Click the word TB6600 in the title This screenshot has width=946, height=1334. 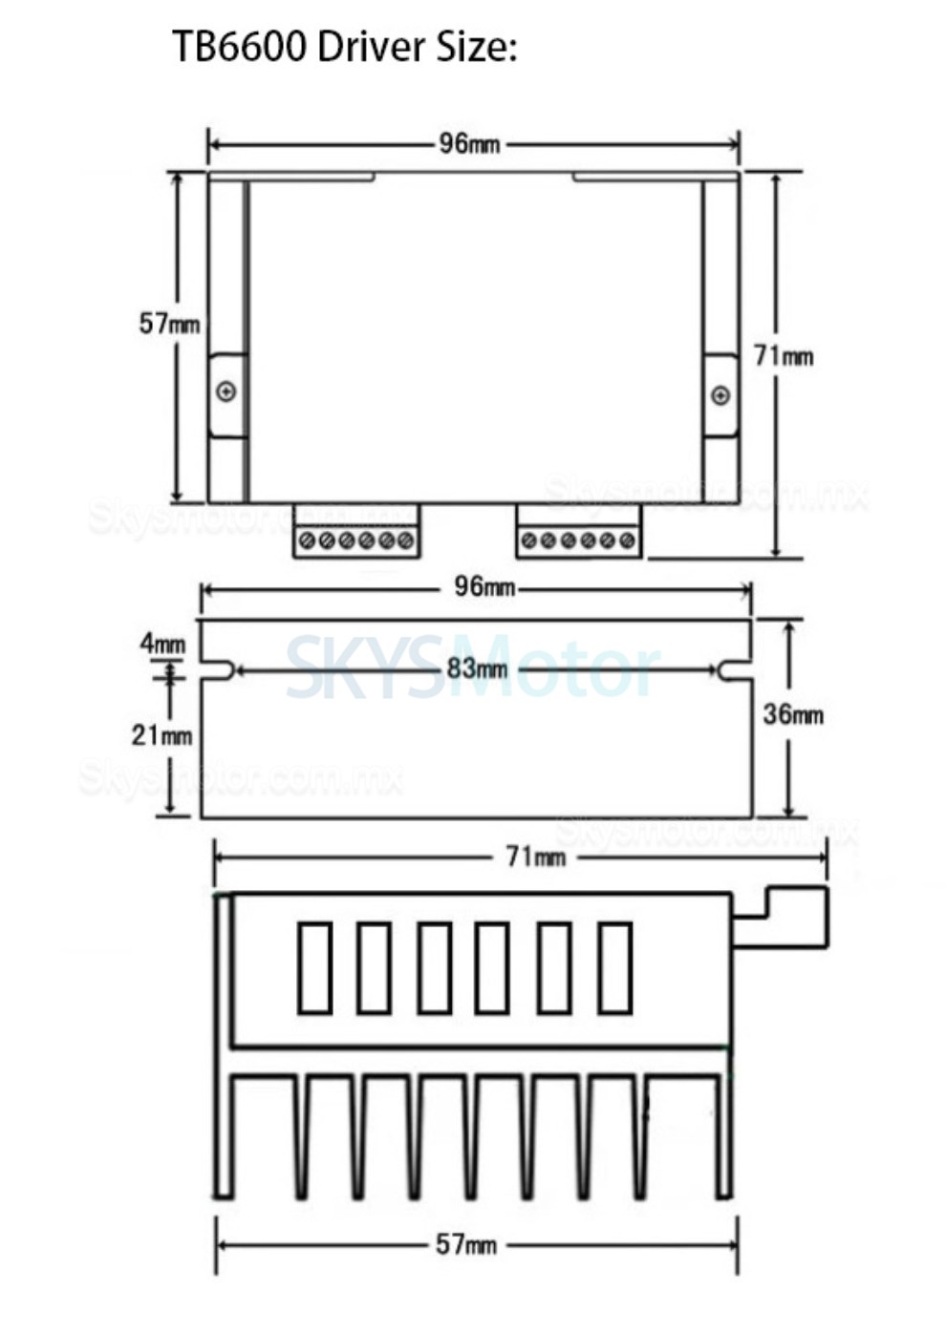[x=240, y=47]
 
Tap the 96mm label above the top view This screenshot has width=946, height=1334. [x=469, y=144]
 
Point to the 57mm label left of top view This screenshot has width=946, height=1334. [x=169, y=324]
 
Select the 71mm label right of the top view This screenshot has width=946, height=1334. [x=784, y=356]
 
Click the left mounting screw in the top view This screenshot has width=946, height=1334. [x=226, y=392]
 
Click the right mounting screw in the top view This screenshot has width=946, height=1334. [x=720, y=395]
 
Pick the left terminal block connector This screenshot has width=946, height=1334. [x=356, y=532]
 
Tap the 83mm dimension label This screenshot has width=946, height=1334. [x=477, y=668]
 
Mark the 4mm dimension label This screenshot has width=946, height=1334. [x=162, y=644]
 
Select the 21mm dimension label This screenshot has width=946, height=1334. [x=161, y=735]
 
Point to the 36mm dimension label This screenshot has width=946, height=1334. [x=792, y=714]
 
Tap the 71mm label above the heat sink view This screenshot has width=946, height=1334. [x=535, y=857]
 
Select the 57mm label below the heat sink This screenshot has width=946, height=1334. [x=466, y=1244]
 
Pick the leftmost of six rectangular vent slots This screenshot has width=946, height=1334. [x=314, y=967]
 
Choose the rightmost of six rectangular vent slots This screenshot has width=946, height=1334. [x=615, y=967]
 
